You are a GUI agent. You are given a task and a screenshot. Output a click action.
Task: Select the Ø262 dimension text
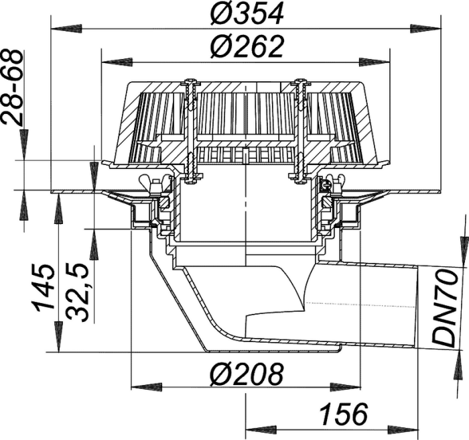[247, 47]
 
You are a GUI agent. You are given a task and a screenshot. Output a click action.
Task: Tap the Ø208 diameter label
[247, 374]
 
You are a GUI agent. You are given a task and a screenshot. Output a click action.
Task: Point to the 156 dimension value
[343, 415]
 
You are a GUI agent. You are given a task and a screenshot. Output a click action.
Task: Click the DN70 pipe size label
[446, 308]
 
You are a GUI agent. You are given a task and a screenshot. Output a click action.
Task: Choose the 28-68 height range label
[11, 88]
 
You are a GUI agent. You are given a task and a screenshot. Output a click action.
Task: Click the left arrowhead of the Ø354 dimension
[66, 29]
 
